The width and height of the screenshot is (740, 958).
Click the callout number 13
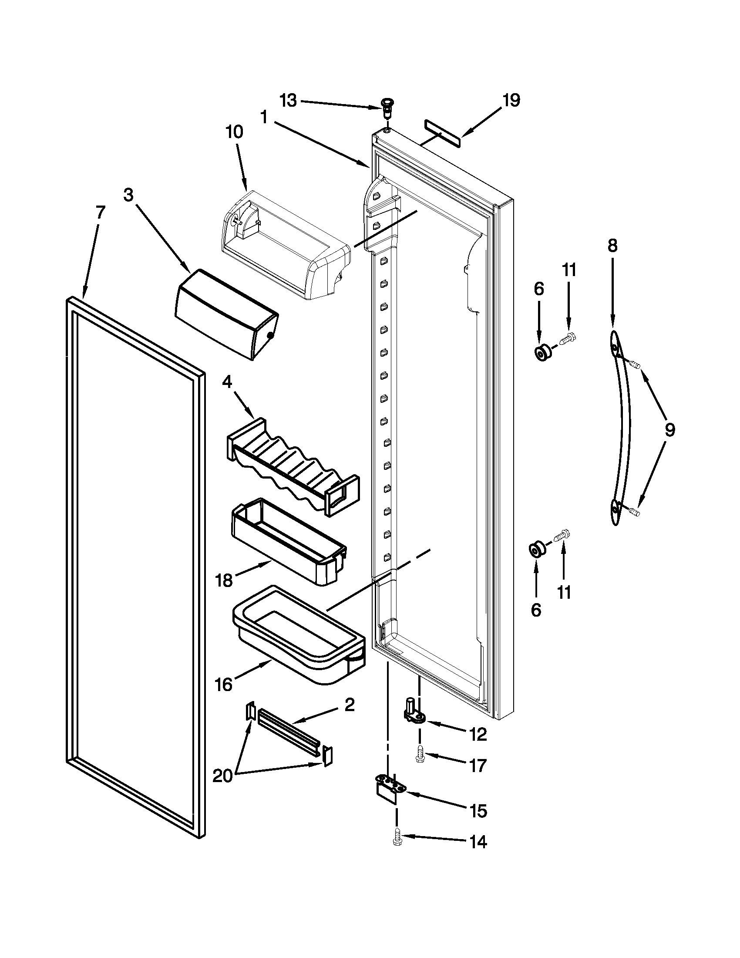coord(289,101)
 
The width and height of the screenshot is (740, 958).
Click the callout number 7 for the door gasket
coord(100,213)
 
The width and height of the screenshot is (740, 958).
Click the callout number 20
coord(222,776)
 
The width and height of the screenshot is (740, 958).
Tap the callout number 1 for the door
coord(264,118)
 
